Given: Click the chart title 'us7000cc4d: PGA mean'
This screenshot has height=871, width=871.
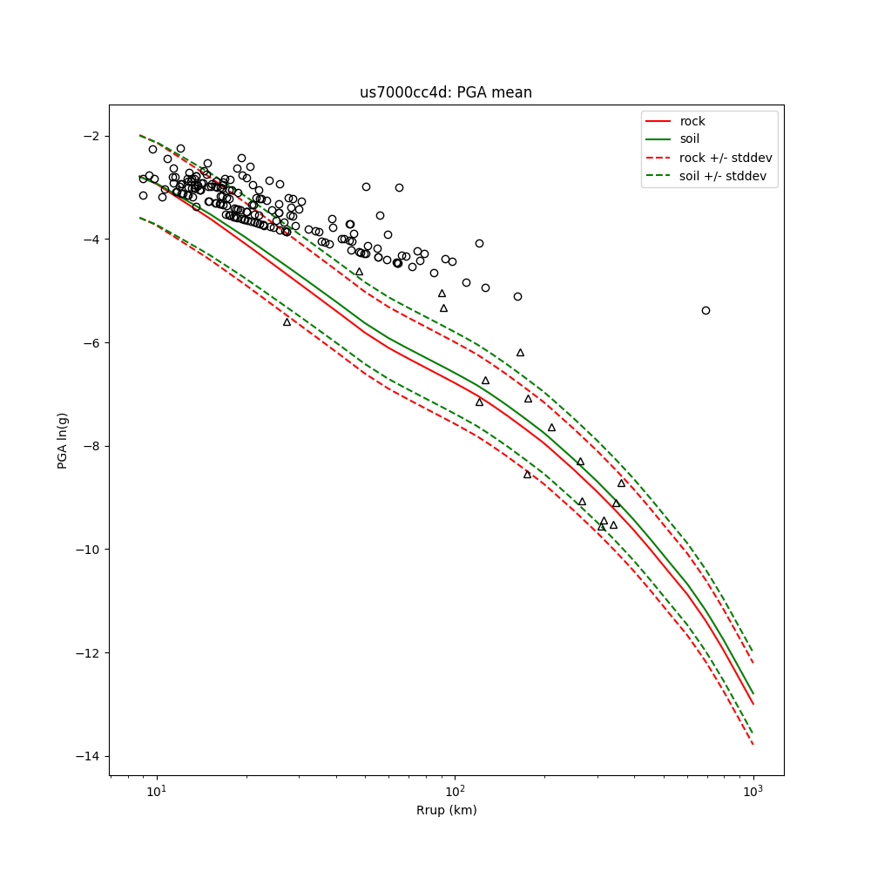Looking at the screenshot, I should pos(446,92).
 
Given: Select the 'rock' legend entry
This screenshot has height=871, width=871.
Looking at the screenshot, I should pos(692,121).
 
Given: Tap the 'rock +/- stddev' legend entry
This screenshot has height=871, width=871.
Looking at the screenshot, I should pos(726,158).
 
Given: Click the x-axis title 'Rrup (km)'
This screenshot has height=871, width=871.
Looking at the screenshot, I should pos(446,810).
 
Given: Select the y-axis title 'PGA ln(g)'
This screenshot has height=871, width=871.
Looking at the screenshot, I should pos(63,441).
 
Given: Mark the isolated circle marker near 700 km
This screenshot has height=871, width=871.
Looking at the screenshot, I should pos(706,310).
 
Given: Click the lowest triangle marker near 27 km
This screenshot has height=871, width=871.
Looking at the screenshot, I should pos(287,321).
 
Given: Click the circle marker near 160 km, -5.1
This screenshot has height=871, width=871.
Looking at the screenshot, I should pos(517,296).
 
